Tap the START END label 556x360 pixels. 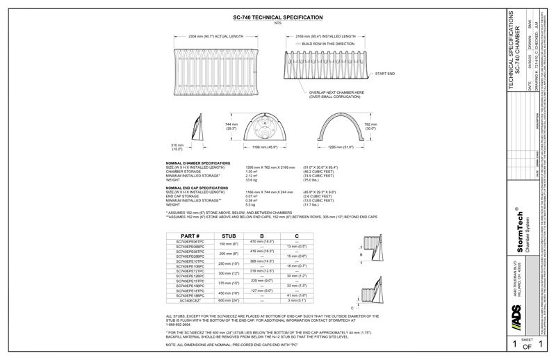point(385,73)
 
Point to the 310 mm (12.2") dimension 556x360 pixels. point(177,147)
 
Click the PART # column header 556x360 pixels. point(190,236)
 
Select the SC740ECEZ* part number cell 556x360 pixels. point(190,300)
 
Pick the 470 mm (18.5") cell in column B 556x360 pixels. point(262,241)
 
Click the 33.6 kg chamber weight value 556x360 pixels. point(252,179)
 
